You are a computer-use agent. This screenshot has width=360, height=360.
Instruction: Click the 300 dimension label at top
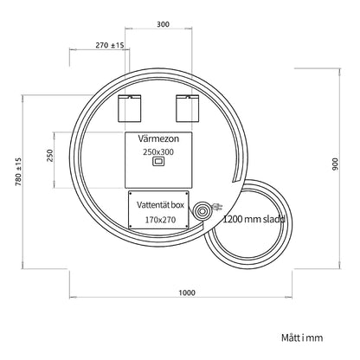(x=163, y=24)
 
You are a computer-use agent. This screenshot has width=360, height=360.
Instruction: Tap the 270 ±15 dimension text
(x=110, y=45)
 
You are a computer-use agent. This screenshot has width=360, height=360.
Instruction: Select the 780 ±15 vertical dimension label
(x=18, y=171)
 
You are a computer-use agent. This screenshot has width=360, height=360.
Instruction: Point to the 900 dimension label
(x=336, y=164)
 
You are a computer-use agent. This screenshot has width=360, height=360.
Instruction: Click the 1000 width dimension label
(x=187, y=292)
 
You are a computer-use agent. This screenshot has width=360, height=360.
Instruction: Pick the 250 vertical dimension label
(x=50, y=156)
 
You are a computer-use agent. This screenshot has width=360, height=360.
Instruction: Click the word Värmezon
(x=158, y=138)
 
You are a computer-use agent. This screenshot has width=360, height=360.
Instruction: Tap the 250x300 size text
(x=158, y=152)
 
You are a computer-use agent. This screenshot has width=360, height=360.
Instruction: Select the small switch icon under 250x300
(x=158, y=162)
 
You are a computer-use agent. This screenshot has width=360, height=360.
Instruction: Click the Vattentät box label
(x=160, y=205)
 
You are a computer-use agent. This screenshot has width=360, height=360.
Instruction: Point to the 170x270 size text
(x=160, y=220)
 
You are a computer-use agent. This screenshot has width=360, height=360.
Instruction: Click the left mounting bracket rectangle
(x=130, y=108)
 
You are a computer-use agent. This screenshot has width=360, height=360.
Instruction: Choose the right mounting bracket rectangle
(x=187, y=108)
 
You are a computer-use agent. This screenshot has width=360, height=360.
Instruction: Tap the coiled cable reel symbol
(x=202, y=211)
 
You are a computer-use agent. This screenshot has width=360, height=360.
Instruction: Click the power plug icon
(x=217, y=207)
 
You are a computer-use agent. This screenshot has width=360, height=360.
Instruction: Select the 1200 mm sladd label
(x=254, y=219)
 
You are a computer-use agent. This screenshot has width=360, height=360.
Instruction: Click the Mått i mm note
(x=302, y=337)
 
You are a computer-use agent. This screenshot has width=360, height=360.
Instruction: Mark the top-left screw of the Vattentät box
(x=131, y=193)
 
